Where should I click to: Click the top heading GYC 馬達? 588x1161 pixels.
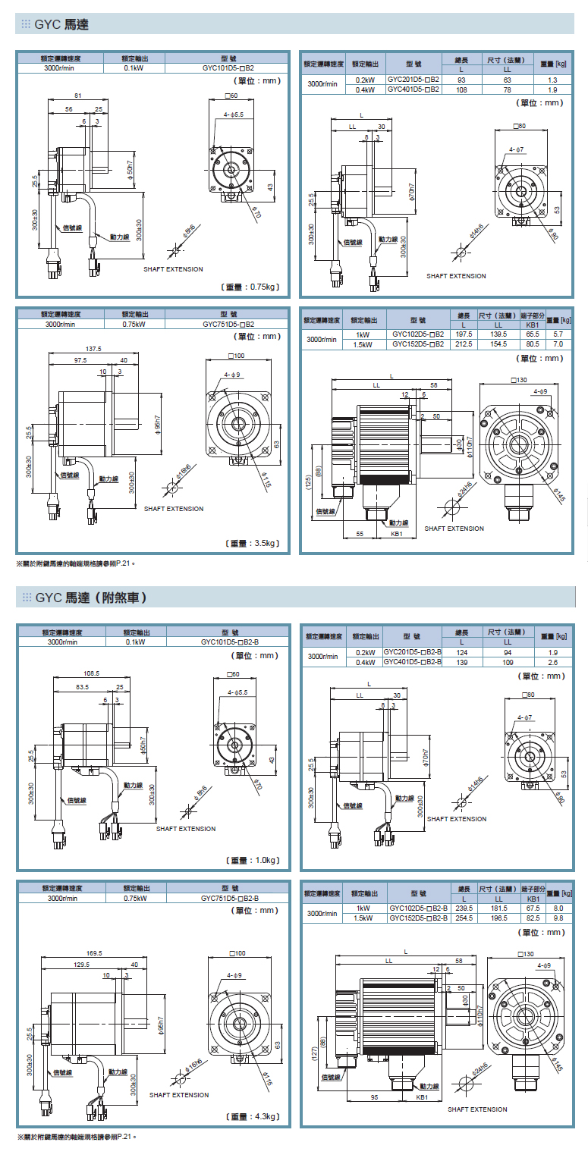coord(61,25)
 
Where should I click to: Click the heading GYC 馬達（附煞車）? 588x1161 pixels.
coord(90,598)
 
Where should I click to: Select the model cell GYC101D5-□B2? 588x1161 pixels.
coord(228,67)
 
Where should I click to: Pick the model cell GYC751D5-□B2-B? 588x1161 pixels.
coord(230,897)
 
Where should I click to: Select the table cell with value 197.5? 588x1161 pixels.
coord(463,334)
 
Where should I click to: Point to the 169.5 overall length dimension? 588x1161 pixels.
coord(95,953)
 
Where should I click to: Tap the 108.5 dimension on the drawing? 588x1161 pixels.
coord(92,673)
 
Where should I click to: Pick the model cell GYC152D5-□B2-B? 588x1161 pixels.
coord(419,918)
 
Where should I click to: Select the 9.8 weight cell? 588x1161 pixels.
coord(558,918)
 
